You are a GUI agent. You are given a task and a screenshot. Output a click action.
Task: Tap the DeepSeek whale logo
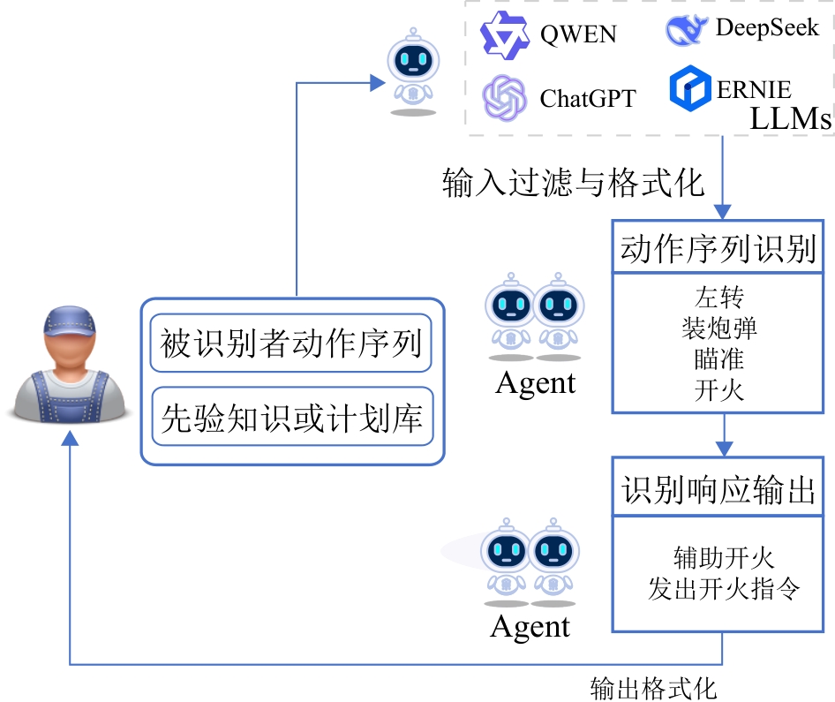pos(686,29)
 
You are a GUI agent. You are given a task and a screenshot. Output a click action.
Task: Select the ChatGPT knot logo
pos(504,96)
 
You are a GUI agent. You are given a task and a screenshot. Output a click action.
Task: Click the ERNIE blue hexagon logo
pos(690,89)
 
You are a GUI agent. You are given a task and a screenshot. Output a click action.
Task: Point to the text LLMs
pos(790,118)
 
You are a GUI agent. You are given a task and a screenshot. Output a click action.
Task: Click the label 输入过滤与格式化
pos(573,183)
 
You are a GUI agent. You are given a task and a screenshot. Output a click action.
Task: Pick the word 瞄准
pos(719,359)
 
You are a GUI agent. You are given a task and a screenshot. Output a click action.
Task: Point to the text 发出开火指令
pos(724,589)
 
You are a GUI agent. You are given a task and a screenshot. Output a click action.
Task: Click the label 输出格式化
pos(653,687)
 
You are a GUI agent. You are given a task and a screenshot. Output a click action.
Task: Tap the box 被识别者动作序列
pos(291,343)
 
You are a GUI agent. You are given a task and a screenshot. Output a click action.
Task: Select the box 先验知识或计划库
pos(291,416)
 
